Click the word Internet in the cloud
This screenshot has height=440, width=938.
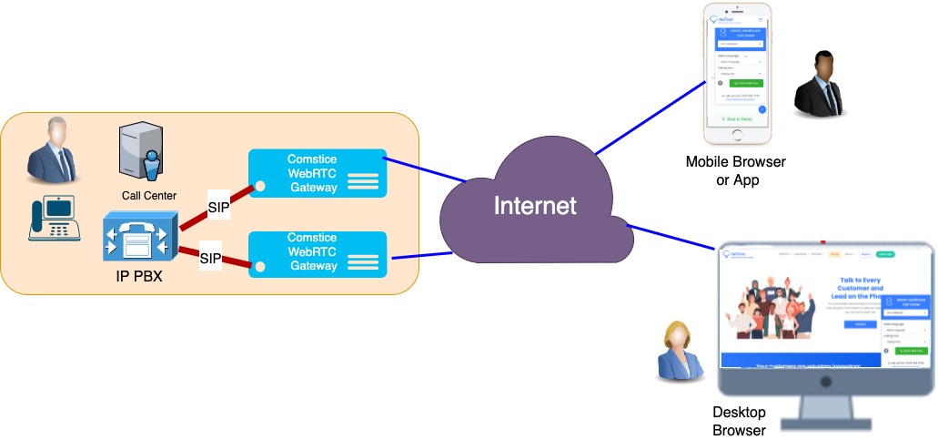[535, 206]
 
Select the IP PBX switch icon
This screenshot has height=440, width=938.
[136, 240]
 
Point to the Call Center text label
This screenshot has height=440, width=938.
[148, 195]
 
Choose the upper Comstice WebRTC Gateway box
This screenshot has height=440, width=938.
[318, 173]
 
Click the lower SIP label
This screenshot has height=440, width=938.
[211, 259]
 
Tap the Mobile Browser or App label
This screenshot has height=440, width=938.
[736, 171]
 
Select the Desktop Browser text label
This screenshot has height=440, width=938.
[738, 421]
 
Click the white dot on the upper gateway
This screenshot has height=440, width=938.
[260, 186]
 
